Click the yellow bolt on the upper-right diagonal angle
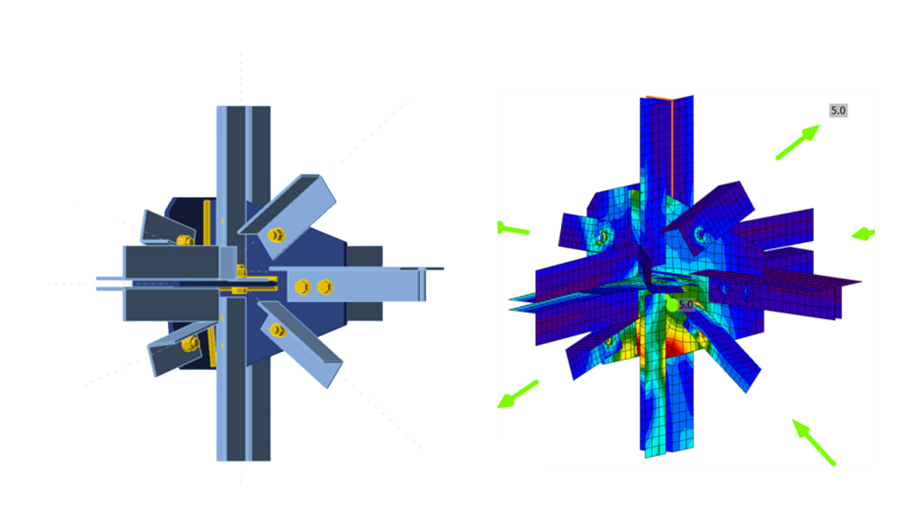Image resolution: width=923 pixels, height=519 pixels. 276,235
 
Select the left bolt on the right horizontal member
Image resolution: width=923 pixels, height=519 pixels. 302,287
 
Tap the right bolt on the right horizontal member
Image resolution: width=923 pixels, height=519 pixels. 325,287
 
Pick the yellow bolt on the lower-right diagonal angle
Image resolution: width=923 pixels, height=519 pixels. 277,330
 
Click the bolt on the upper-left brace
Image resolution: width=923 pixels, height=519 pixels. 185,240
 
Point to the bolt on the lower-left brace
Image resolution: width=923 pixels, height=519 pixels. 190,343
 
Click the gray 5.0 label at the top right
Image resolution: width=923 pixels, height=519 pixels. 838,111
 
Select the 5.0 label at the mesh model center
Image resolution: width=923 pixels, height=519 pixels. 686,305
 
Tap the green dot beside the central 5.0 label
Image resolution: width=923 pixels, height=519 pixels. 672,305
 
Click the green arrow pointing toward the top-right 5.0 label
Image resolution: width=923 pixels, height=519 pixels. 798,142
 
